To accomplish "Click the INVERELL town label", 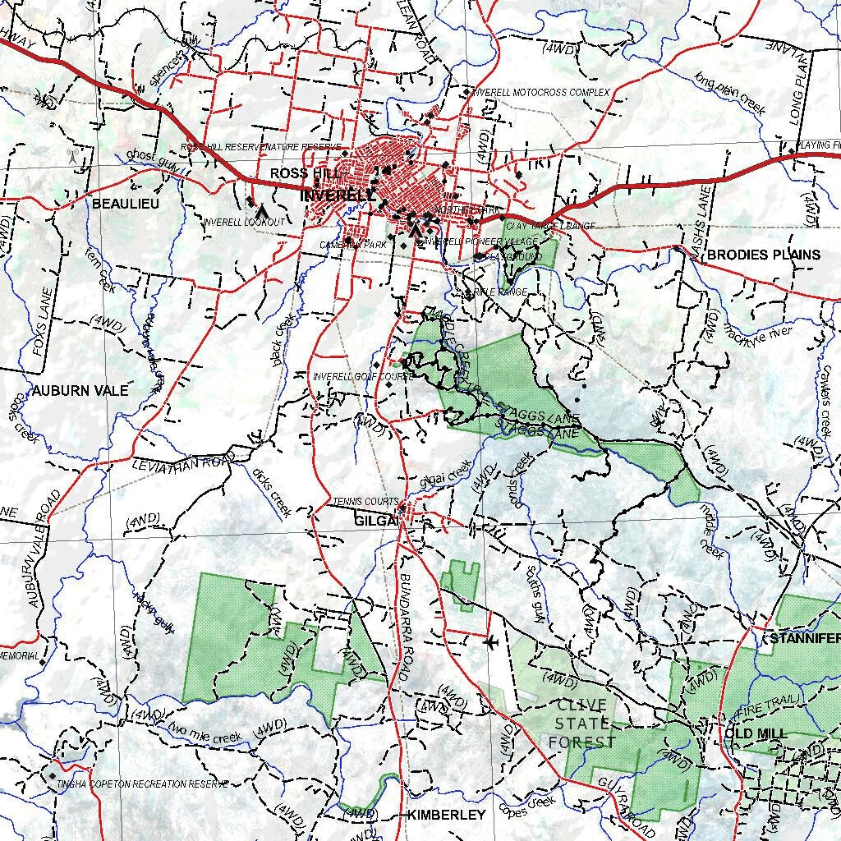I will [338, 195].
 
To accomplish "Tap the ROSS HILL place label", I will [301, 173].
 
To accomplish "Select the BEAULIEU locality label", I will [126, 203].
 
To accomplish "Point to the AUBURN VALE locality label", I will [80, 391].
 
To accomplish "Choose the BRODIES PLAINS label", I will [763, 255].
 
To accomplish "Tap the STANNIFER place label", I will [804, 639].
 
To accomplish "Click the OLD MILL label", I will [756, 733].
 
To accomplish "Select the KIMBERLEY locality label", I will [447, 815].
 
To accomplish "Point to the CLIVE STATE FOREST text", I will [582, 724].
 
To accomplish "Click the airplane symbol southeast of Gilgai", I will [491, 641].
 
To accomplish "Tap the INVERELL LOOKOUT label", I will [244, 223].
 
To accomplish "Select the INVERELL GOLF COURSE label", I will [361, 376].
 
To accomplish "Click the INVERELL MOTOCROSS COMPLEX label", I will [541, 93].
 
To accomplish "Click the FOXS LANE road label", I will [43, 321].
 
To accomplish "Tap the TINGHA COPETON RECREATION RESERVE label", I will [143, 784].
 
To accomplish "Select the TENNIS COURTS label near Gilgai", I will [365, 502].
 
